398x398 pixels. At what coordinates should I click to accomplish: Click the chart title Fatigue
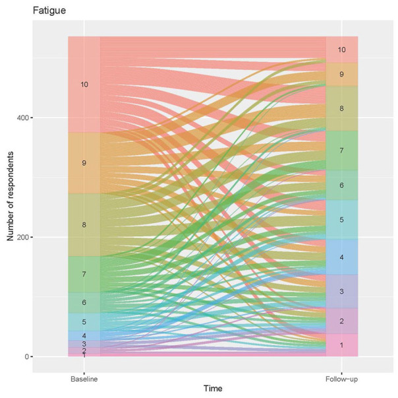[49, 11]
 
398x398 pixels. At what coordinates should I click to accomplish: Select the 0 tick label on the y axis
[27, 357]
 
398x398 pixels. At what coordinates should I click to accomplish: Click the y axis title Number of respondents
[11, 196]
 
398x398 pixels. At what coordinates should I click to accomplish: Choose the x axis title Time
[213, 389]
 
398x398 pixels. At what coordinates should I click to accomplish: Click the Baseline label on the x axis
[84, 379]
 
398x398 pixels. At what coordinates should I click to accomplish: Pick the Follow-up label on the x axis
[341, 379]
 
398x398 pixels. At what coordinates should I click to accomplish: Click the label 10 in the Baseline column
[84, 84]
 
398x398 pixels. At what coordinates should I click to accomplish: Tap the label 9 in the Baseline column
[84, 163]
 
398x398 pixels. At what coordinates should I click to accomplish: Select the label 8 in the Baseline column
[84, 225]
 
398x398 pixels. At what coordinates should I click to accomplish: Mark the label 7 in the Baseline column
[84, 274]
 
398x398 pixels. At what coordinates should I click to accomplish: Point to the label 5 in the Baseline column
[84, 322]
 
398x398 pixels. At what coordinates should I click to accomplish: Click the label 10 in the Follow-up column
[341, 50]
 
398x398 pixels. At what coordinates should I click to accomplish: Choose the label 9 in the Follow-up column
[341, 75]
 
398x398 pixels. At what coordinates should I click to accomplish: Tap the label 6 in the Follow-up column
[341, 185]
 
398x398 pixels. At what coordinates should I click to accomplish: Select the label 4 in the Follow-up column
[341, 257]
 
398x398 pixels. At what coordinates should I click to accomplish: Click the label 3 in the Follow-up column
[341, 292]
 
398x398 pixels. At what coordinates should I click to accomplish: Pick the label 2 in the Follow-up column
[341, 321]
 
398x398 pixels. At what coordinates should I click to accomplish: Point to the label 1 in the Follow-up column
[341, 345]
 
